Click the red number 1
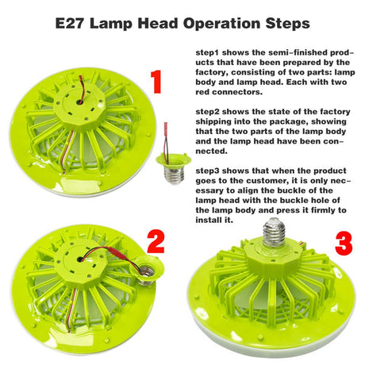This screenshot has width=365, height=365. pos(156,81)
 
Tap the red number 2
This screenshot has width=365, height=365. pos(156,242)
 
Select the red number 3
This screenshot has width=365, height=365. pos(344,244)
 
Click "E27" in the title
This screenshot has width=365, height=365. pos(70,24)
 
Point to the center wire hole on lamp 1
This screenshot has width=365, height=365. pos(79,102)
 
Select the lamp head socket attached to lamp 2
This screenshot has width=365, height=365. pos(147,271)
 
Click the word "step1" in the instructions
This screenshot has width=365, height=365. pos(208,52)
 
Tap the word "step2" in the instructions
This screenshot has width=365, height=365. pos(208,112)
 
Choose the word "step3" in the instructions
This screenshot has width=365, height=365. pos(208,171)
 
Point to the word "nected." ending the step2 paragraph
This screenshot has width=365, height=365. pos(212,152)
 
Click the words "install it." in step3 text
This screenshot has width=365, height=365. pos(214,220)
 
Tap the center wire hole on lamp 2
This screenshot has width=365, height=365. pos(80,259)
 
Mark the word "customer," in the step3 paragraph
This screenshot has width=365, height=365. pos(267,181)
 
